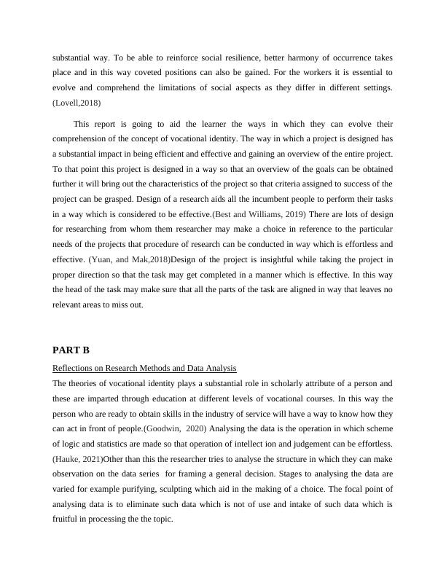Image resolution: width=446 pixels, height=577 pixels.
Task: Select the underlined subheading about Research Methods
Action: point(144,367)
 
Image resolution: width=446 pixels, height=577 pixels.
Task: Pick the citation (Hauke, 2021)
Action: point(78,459)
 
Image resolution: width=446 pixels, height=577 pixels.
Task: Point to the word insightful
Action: point(262,260)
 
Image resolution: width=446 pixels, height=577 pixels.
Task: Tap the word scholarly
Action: point(257,382)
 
